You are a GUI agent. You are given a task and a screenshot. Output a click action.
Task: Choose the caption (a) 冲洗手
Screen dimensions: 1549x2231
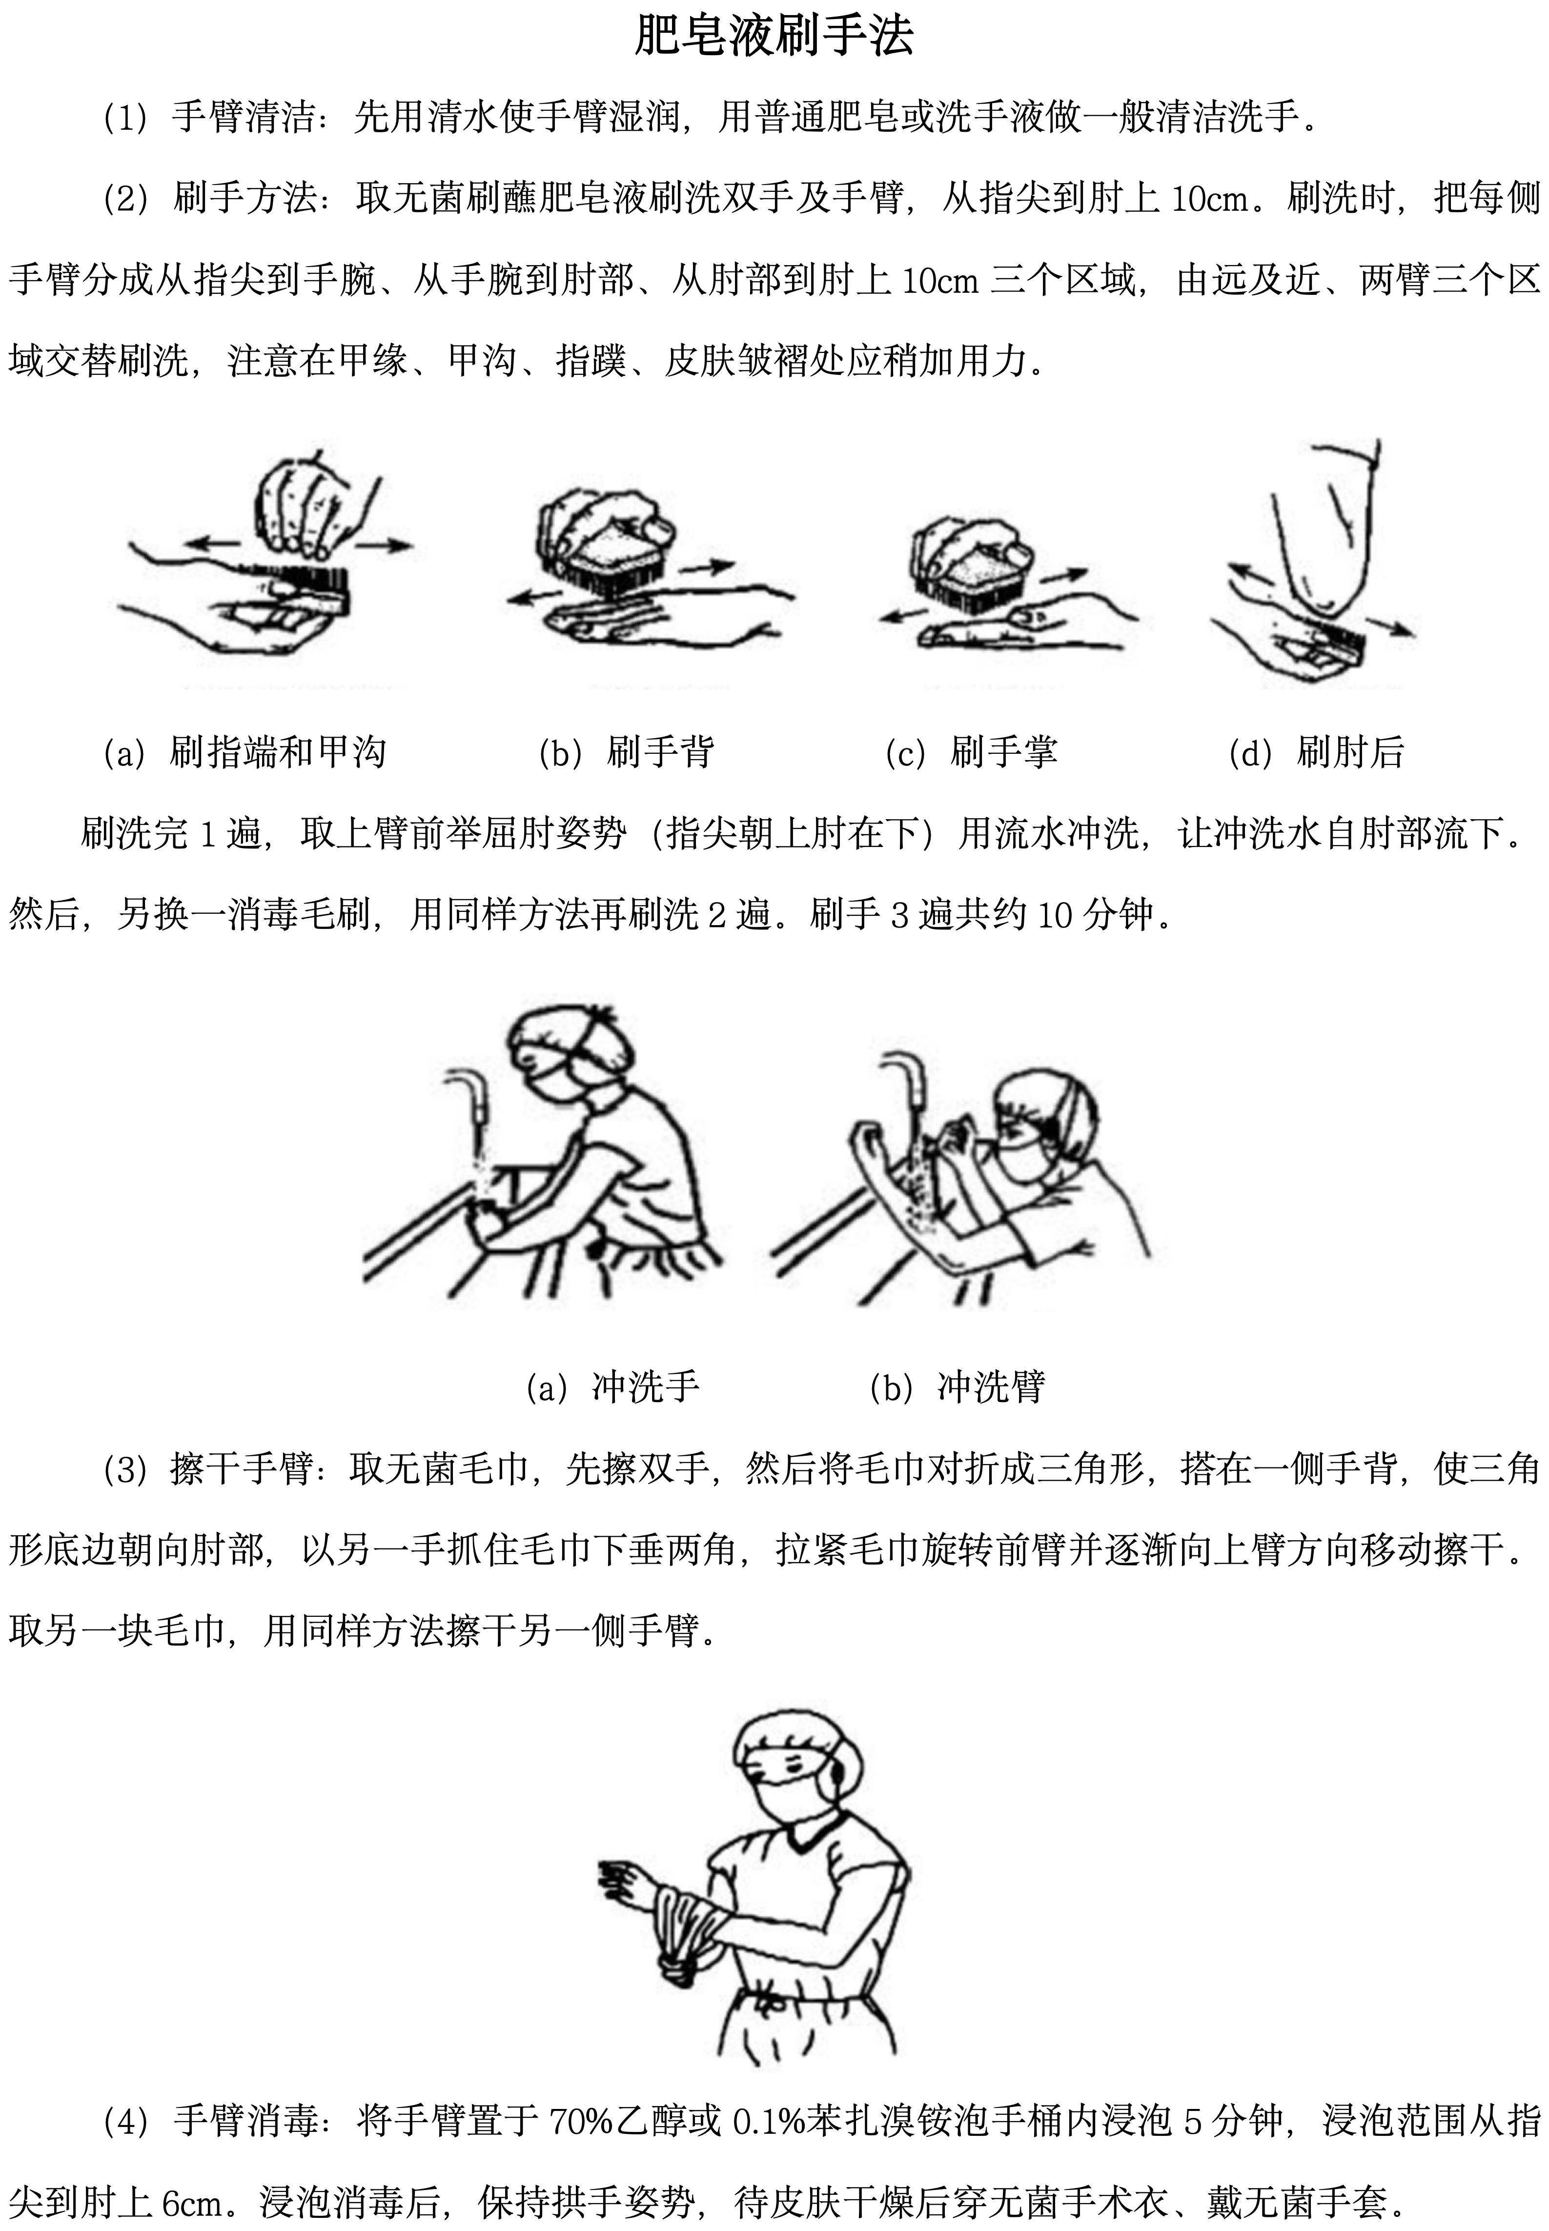pos(612,1387)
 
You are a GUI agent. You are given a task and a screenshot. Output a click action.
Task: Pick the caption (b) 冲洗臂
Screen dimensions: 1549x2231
pos(957,1387)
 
